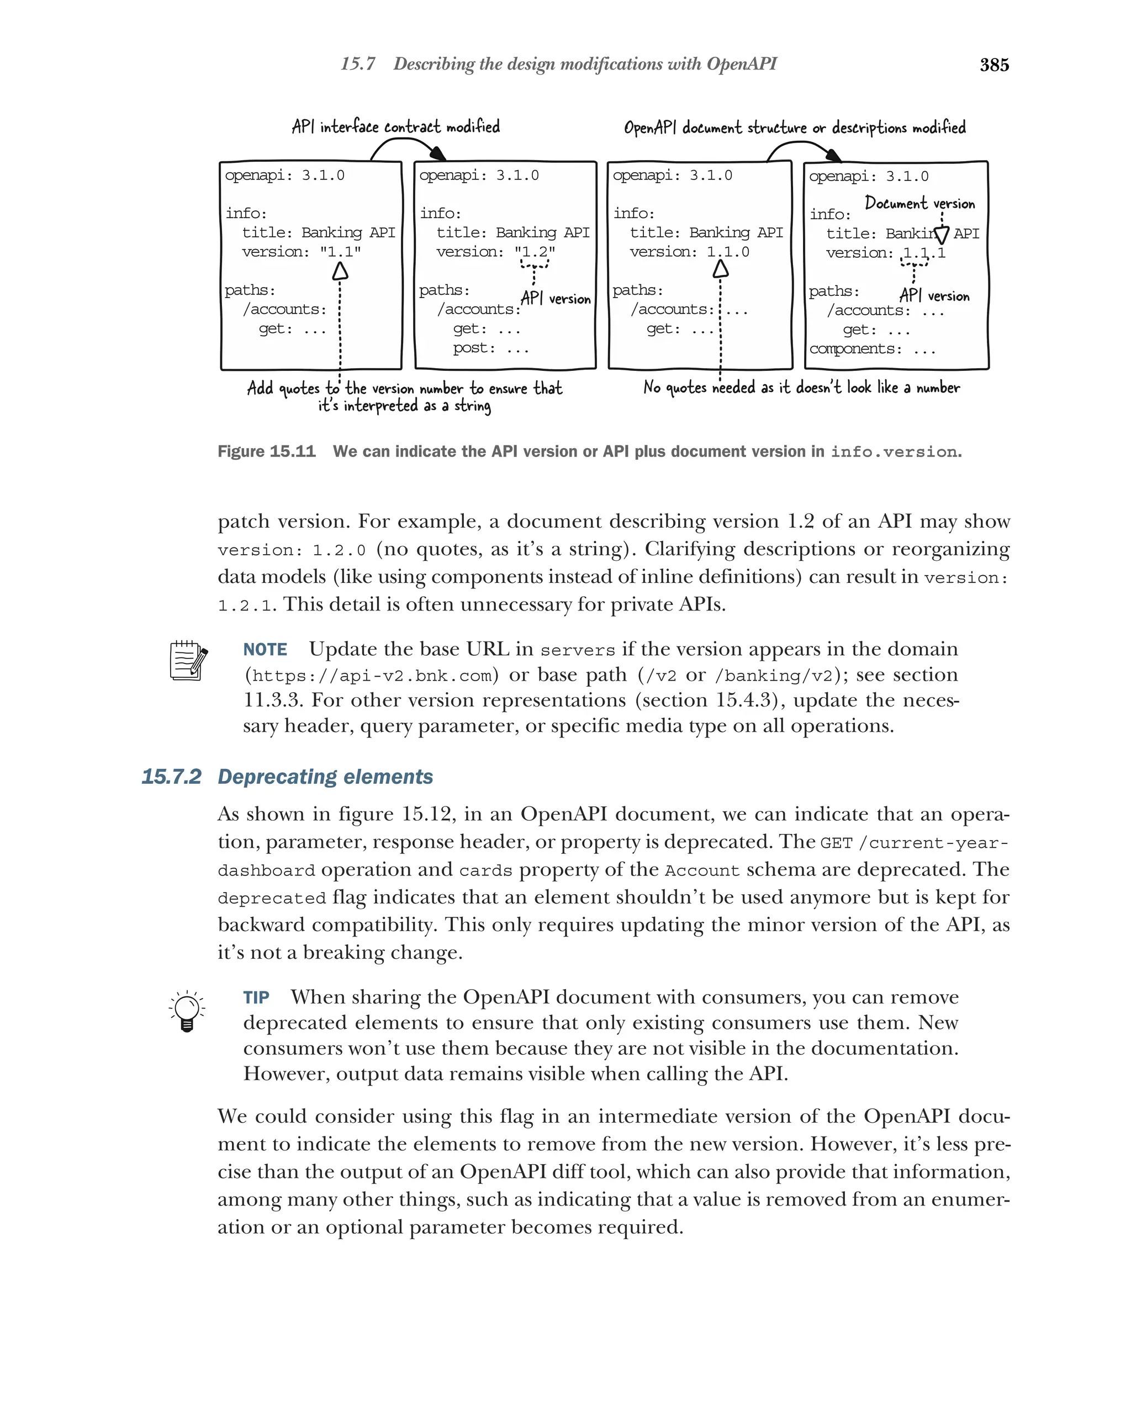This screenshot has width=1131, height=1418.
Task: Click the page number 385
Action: pyautogui.click(x=993, y=65)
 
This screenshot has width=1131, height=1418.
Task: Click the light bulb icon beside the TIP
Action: pyautogui.click(x=187, y=1010)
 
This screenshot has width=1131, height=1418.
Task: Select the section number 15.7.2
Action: pyautogui.click(x=171, y=777)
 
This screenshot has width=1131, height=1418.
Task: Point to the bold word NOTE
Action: pyautogui.click(x=265, y=650)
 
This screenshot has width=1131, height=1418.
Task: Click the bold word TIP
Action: pyautogui.click(x=256, y=998)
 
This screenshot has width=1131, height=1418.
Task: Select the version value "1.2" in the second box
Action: pyautogui.click(x=534, y=252)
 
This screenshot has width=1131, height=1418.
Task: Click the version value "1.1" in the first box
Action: pyautogui.click(x=340, y=252)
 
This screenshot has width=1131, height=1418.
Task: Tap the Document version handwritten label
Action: pyautogui.click(x=919, y=203)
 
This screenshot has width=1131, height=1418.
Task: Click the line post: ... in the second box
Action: pyautogui.click(x=490, y=348)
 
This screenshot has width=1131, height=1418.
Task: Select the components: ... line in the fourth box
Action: pyautogui.click(x=872, y=349)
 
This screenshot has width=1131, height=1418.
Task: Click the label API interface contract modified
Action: pyautogui.click(x=395, y=126)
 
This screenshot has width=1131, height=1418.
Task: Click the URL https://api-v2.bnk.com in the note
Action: pyautogui.click(x=372, y=676)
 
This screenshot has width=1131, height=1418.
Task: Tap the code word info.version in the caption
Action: pyautogui.click(x=893, y=453)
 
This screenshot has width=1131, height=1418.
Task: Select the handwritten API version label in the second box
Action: pyautogui.click(x=556, y=299)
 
